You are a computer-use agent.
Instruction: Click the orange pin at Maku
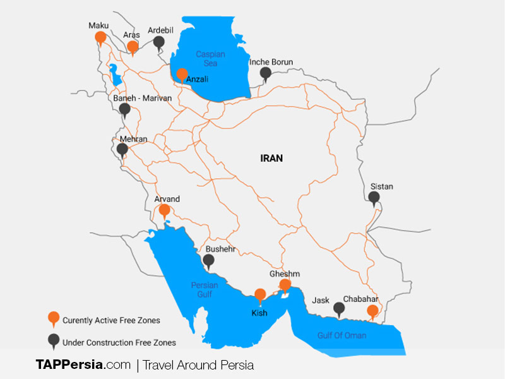pyautogui.click(x=100, y=38)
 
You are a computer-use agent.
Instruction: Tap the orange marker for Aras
pyautogui.click(x=133, y=47)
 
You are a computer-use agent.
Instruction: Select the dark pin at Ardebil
pyautogui.click(x=159, y=42)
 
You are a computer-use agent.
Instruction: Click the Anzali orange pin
pyautogui.click(x=182, y=75)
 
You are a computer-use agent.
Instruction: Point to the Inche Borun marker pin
pyautogui.click(x=267, y=74)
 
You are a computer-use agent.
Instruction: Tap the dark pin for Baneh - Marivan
pyautogui.click(x=125, y=109)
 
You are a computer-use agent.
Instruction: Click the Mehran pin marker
pyautogui.click(x=122, y=150)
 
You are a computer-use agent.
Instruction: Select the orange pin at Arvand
pyautogui.click(x=164, y=210)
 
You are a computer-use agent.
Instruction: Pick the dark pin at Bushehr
pyautogui.click(x=209, y=260)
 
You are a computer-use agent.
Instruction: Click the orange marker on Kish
pyautogui.click(x=259, y=295)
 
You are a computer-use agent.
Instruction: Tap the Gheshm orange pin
pyautogui.click(x=285, y=286)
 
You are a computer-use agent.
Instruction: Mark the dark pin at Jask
pyautogui.click(x=339, y=309)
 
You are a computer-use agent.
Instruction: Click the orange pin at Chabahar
pyautogui.click(x=372, y=311)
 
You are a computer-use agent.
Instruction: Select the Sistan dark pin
pyautogui.click(x=374, y=198)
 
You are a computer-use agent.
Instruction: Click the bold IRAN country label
pyautogui.click(x=271, y=159)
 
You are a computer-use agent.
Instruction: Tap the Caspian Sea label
pyautogui.click(x=210, y=59)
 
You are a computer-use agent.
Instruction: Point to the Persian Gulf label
pyautogui.click(x=205, y=289)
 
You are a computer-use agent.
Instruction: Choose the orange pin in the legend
pyautogui.click(x=54, y=318)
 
